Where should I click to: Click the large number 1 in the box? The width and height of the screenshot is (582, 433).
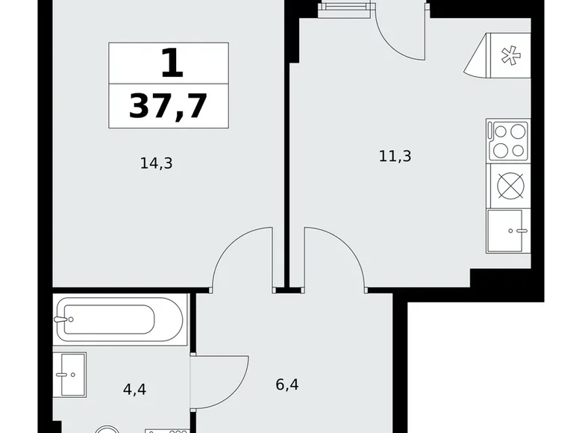click(x=172, y=63)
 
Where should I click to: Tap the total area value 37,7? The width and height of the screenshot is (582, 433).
click(x=168, y=106)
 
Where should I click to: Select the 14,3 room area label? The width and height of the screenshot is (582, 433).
click(x=156, y=163)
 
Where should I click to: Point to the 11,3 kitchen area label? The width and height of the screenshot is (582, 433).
click(x=395, y=156)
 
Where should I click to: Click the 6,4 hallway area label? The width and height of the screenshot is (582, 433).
click(x=287, y=384)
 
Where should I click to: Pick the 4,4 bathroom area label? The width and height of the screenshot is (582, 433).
click(x=134, y=389)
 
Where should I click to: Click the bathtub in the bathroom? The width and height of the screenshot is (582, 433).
click(x=119, y=320)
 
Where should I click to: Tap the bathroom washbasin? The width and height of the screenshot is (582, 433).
click(x=69, y=375)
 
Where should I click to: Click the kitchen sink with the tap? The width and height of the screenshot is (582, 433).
click(x=508, y=231)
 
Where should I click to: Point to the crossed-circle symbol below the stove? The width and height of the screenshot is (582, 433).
click(x=510, y=186)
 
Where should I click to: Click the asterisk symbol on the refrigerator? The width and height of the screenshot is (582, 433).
click(x=510, y=55)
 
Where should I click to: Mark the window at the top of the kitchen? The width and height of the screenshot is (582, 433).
click(x=345, y=8)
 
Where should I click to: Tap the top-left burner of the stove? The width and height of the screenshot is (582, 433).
click(x=501, y=132)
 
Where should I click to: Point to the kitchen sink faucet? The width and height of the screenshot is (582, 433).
click(x=518, y=231)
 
